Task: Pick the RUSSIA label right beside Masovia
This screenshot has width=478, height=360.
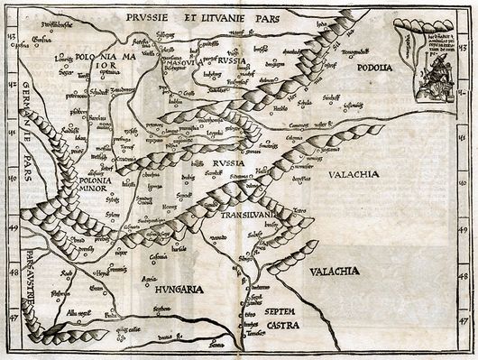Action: pos(234,60)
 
